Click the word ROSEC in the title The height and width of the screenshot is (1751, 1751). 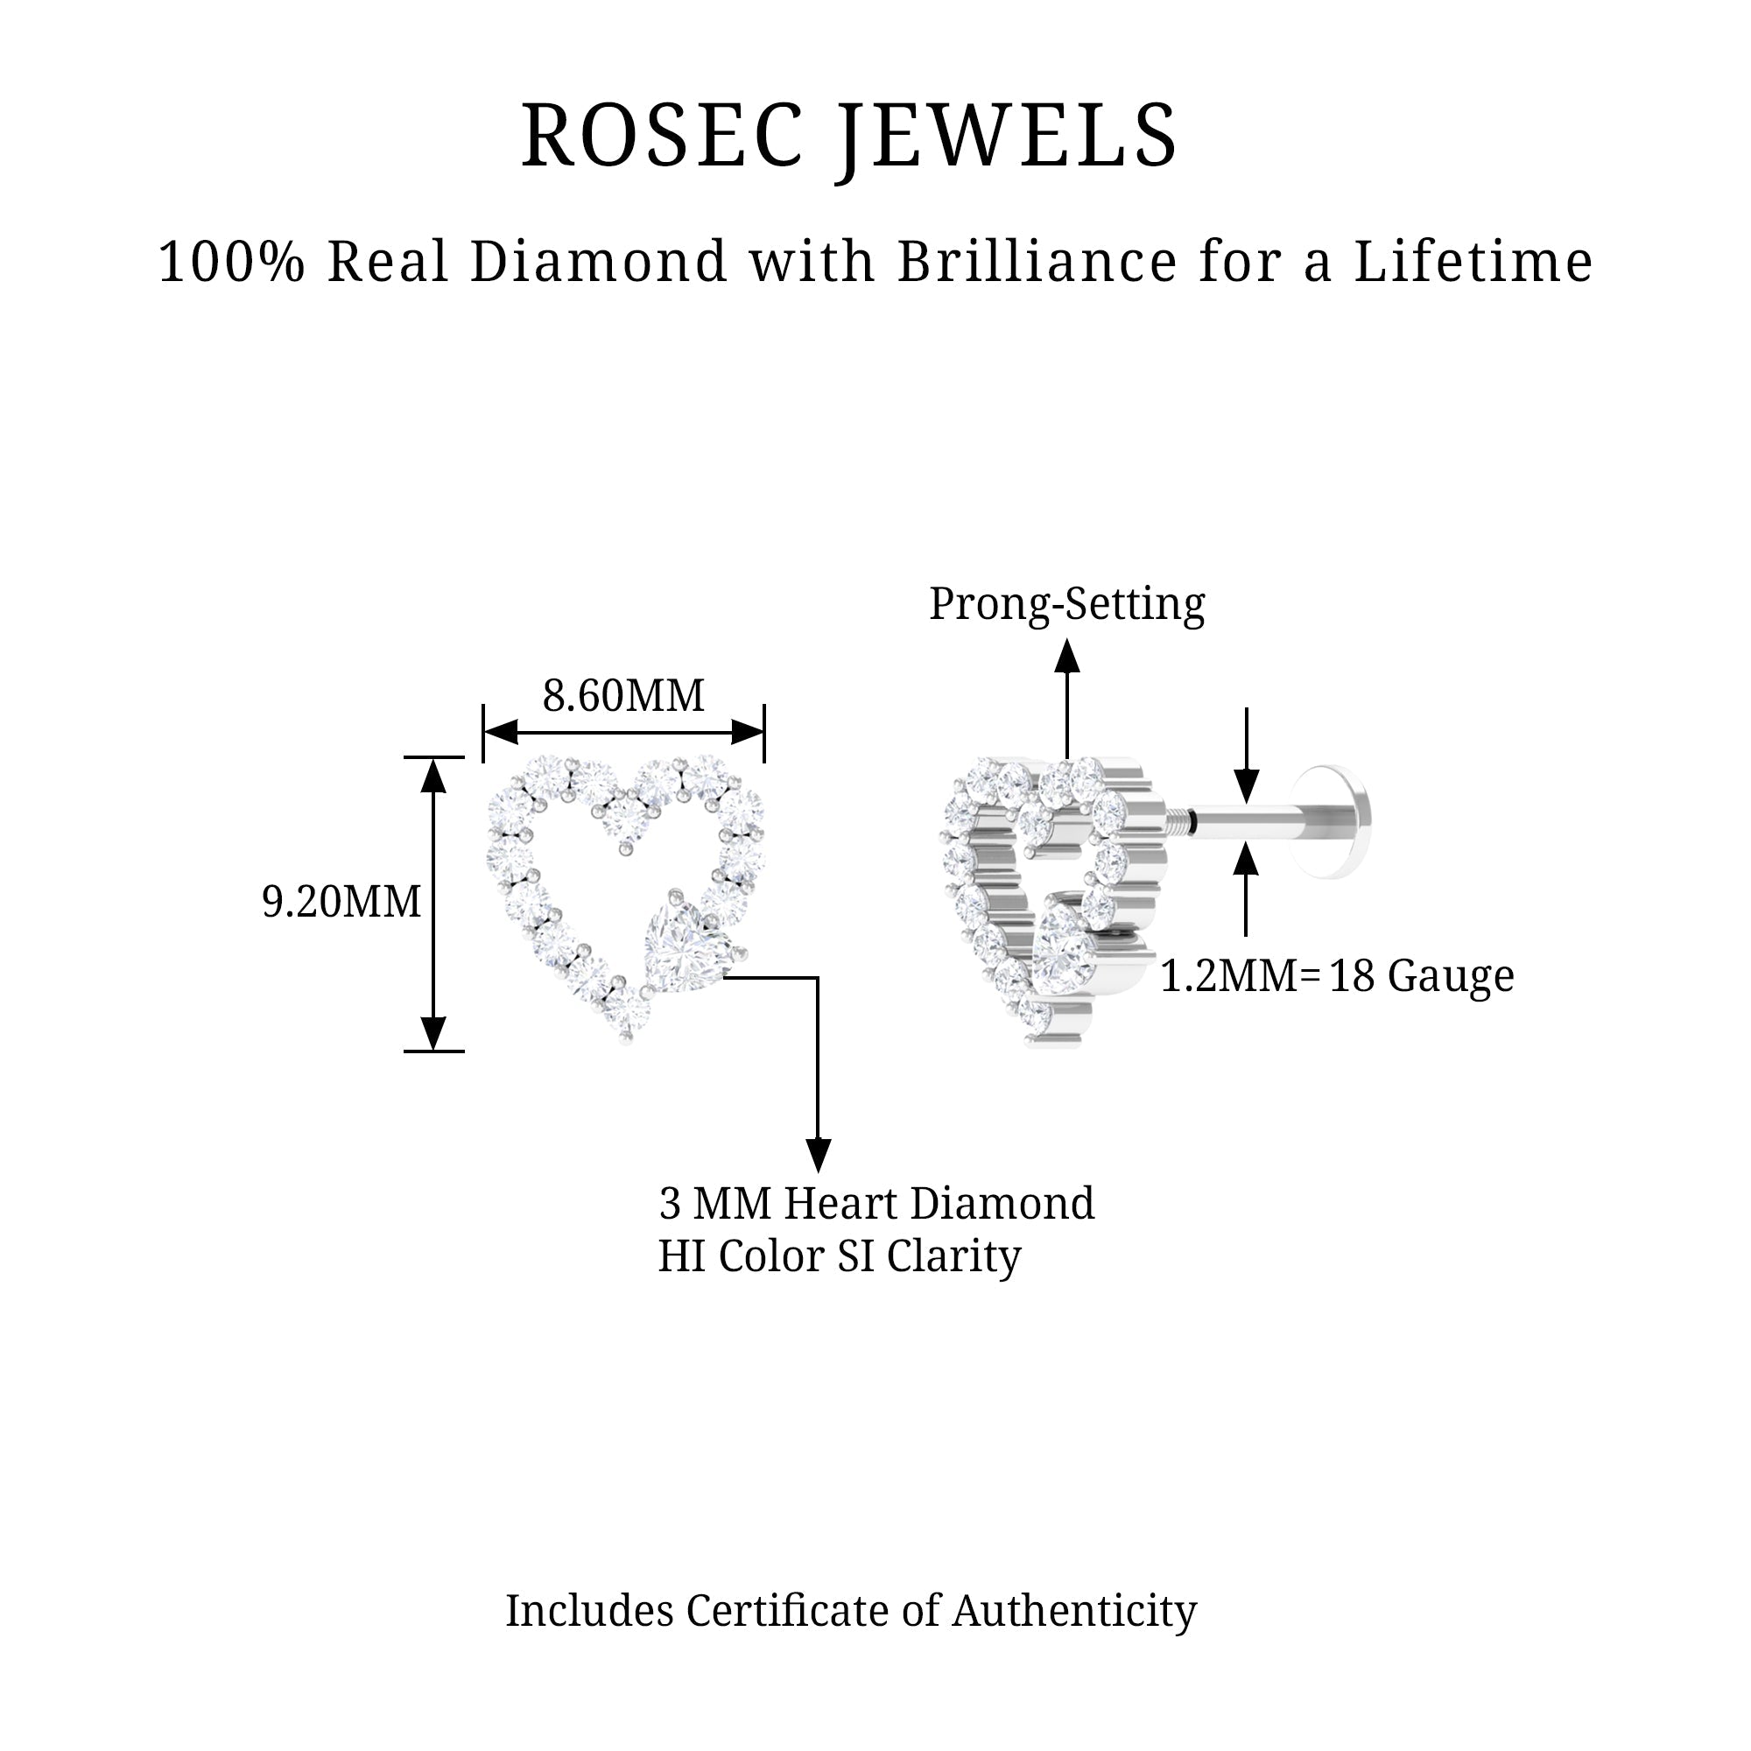[x=662, y=136]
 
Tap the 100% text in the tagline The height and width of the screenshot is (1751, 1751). [x=230, y=262]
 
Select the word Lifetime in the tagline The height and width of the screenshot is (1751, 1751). [x=1473, y=262]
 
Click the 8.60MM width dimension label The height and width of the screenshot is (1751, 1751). [x=623, y=696]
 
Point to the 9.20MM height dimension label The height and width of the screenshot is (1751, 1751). [x=341, y=902]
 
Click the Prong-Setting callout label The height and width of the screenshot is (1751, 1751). [x=1066, y=603]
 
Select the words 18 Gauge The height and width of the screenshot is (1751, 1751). [x=1421, y=976]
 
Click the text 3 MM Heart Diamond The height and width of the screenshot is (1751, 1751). [x=876, y=1204]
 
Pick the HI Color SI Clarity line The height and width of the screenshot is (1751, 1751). [x=840, y=1256]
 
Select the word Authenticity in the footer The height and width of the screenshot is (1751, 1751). [x=1074, y=1611]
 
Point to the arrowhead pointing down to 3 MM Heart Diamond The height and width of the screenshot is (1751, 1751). [x=819, y=1155]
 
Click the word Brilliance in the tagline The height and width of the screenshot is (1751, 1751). [x=1037, y=262]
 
